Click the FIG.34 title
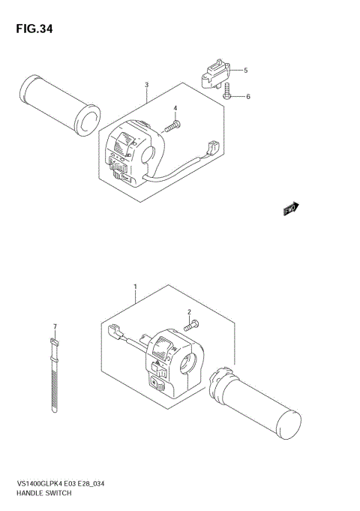click(x=31, y=29)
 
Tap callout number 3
click(x=147, y=84)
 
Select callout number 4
click(x=175, y=109)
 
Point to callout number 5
click(x=245, y=70)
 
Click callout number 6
click(x=247, y=96)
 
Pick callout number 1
click(x=135, y=287)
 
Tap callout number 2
click(x=190, y=311)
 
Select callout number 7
click(x=55, y=326)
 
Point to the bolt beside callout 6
click(x=226, y=93)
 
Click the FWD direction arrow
click(x=290, y=209)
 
